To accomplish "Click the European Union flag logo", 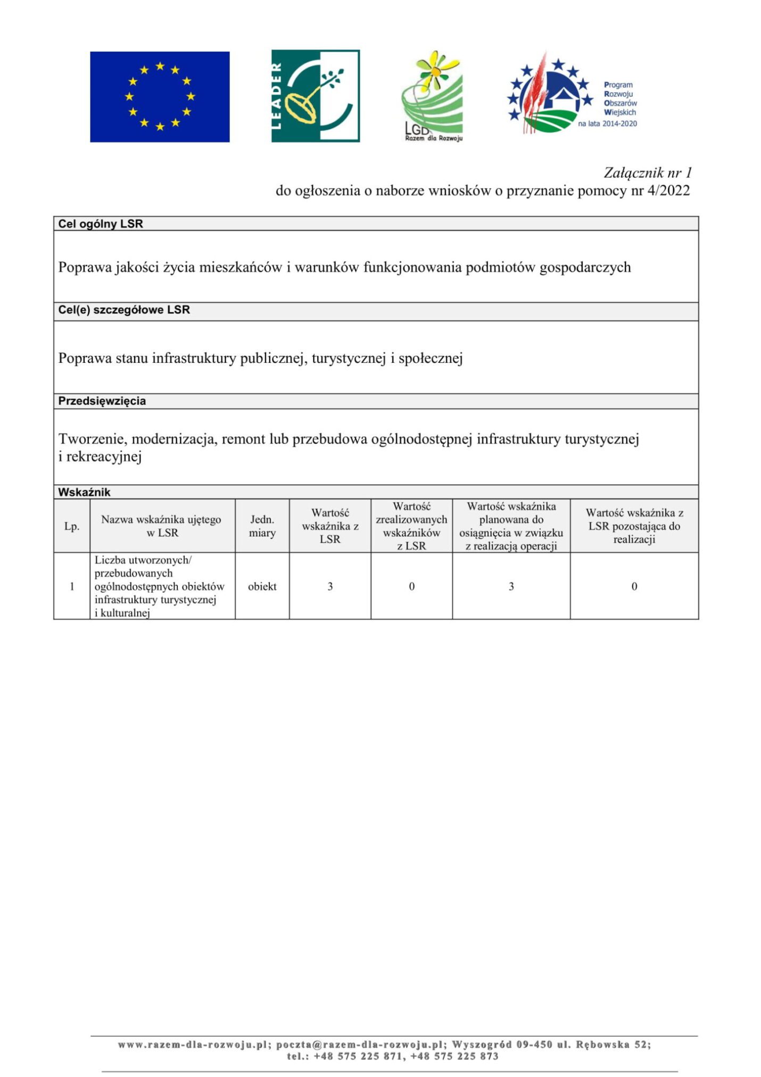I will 160,96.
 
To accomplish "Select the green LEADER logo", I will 315,96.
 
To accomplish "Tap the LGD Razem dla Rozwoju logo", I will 433,96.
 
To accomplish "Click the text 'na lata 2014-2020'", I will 607,124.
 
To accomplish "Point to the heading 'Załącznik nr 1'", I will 647,172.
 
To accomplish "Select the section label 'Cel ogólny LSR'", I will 101,224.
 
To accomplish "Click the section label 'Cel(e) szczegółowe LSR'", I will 124,310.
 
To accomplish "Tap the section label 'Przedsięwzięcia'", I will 102,401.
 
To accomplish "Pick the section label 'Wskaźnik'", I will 84,492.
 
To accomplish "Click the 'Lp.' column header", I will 72,526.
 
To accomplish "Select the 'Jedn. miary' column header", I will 262,526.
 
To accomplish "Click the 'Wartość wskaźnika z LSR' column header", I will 330,526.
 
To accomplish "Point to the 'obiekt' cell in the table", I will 262,586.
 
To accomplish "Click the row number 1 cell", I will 72,586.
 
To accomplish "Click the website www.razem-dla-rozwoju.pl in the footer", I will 192,1044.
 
